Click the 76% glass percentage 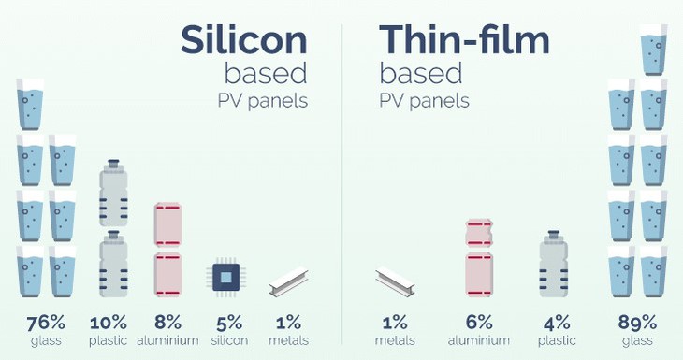click(46, 323)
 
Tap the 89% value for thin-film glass click(637, 323)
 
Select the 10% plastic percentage click(108, 323)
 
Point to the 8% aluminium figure click(167, 323)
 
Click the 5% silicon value click(229, 323)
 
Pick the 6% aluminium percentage click(479, 323)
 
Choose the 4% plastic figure click(557, 323)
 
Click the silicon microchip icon click(226, 278)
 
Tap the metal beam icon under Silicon click(288, 282)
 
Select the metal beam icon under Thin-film click(395, 282)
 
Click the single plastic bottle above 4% click(554, 264)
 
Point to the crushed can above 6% click(479, 233)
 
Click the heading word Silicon click(244, 40)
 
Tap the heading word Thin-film click(464, 40)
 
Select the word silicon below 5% click(229, 340)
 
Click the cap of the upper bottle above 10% click(114, 164)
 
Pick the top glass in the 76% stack click(30, 104)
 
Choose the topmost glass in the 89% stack click(654, 50)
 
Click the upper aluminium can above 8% click(167, 225)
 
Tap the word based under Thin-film click(421, 74)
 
